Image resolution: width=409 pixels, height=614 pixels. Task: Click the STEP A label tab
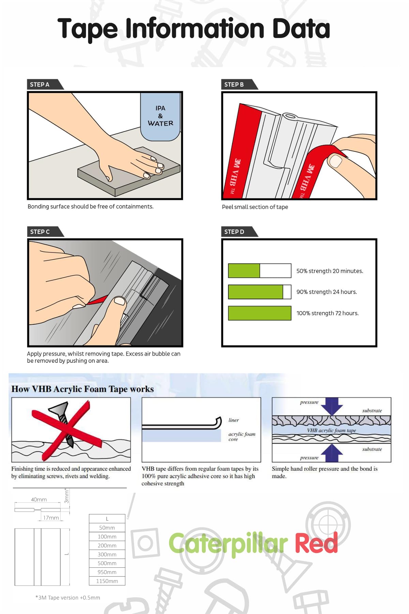coord(40,85)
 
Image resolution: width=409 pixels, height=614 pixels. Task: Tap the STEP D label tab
coord(234,232)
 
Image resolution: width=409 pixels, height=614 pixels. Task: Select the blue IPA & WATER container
coord(160,116)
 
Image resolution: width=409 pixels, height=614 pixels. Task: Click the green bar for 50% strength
coord(244,271)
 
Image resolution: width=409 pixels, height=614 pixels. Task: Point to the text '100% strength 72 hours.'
coord(328,313)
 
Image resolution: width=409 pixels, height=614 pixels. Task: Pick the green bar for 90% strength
coord(256,292)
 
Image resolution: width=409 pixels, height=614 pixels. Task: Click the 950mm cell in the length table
coord(107,572)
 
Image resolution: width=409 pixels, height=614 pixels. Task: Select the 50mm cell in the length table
coord(107,528)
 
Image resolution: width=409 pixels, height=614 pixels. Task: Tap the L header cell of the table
coord(107,519)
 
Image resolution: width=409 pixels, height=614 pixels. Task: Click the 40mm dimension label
coord(39,499)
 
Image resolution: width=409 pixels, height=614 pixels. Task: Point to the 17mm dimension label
coord(51,518)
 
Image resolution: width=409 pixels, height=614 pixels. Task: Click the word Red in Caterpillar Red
coord(316,543)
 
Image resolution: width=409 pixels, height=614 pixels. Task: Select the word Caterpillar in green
coord(228,544)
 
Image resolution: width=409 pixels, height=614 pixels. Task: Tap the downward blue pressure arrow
coord(332,406)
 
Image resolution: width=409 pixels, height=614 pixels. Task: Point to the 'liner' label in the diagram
coord(234,420)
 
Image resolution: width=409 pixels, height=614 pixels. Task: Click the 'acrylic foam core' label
coord(242,437)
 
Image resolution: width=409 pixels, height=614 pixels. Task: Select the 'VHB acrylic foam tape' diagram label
coord(331,430)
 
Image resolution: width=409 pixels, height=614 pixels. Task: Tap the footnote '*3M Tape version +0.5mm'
coord(68,598)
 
